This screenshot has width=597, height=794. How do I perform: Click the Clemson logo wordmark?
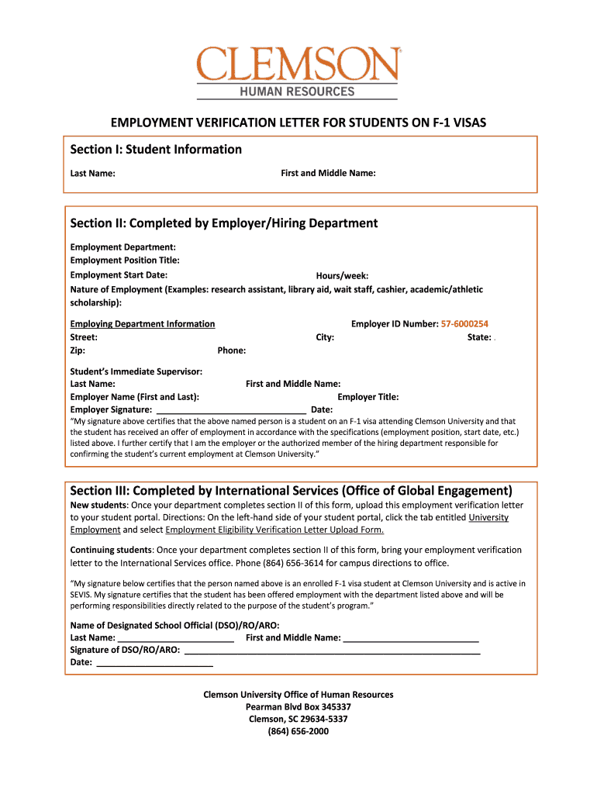tap(298, 64)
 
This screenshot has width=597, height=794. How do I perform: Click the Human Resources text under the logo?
tap(298, 91)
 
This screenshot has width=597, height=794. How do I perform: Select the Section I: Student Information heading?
tap(156, 149)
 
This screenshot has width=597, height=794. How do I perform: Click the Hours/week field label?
tap(342, 276)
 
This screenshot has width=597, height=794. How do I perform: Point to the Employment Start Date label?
tap(119, 275)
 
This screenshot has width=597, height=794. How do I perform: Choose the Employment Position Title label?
tap(125, 261)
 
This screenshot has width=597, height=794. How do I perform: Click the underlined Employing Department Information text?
tap(143, 324)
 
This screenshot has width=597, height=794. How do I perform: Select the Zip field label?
tap(78, 350)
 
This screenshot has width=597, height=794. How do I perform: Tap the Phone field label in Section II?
tap(232, 350)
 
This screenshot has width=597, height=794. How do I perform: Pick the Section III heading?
tap(292, 491)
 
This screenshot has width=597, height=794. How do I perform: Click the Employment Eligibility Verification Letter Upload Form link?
tap(274, 530)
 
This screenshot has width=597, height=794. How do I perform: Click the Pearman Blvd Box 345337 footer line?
tap(298, 707)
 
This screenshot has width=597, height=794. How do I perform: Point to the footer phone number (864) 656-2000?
tap(298, 731)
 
